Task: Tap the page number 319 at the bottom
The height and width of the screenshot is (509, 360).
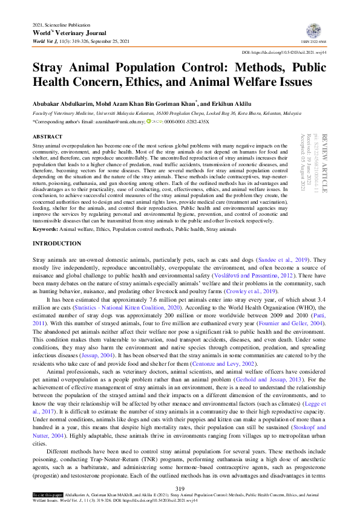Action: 179,488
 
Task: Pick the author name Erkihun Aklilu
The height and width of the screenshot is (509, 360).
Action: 238,103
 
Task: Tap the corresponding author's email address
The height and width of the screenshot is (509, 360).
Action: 119,122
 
